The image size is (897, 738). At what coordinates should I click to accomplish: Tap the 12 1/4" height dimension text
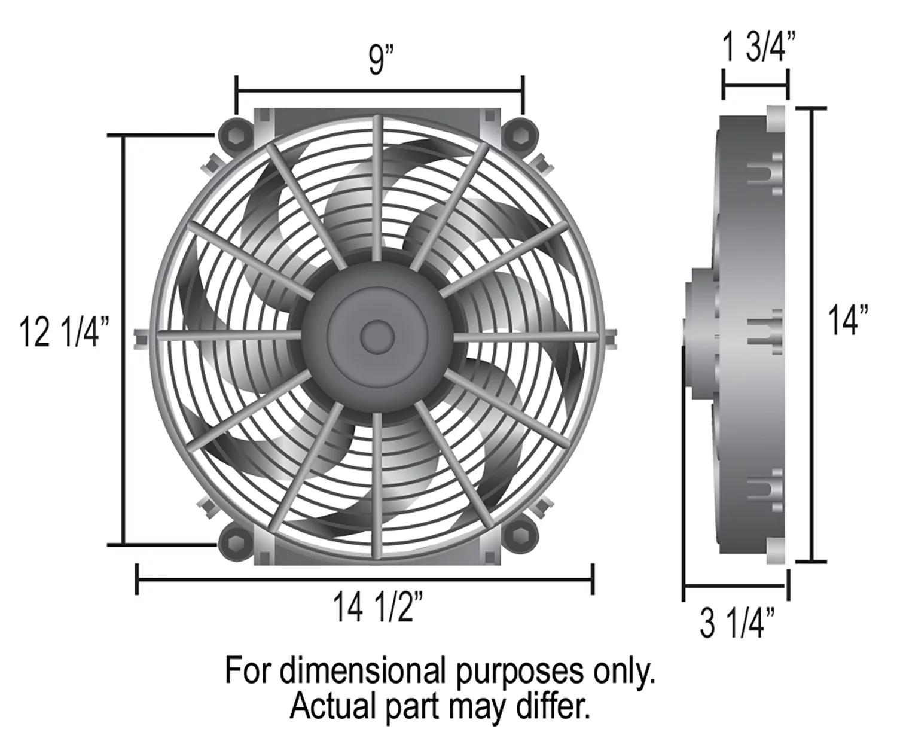point(65,332)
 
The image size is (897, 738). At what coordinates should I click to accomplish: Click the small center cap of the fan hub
point(377,336)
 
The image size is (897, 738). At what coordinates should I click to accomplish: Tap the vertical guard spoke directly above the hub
point(377,188)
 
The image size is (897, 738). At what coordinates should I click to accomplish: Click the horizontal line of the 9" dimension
point(380,92)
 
